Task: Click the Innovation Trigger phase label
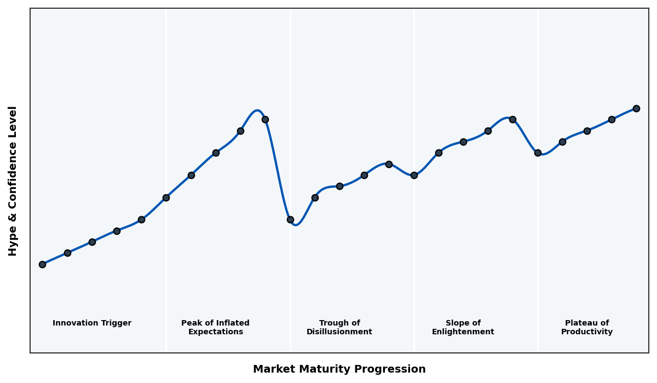point(92,323)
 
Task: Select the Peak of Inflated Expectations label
point(215,327)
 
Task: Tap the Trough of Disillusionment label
point(339,327)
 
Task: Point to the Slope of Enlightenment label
point(463,327)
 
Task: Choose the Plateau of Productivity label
point(587,327)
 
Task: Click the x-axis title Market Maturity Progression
point(339,369)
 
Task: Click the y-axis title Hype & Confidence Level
point(13,181)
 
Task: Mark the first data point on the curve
point(42,264)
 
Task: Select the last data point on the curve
point(636,108)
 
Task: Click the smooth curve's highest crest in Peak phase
point(257,111)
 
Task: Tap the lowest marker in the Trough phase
point(290,219)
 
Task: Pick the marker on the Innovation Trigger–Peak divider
point(166,198)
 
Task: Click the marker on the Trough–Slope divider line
point(414,175)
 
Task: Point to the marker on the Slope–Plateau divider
point(538,153)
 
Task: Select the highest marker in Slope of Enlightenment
point(512,119)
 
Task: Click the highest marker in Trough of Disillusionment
point(389,164)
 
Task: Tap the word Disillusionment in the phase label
point(339,332)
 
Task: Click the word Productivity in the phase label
point(587,332)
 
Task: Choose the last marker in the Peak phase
point(265,119)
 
